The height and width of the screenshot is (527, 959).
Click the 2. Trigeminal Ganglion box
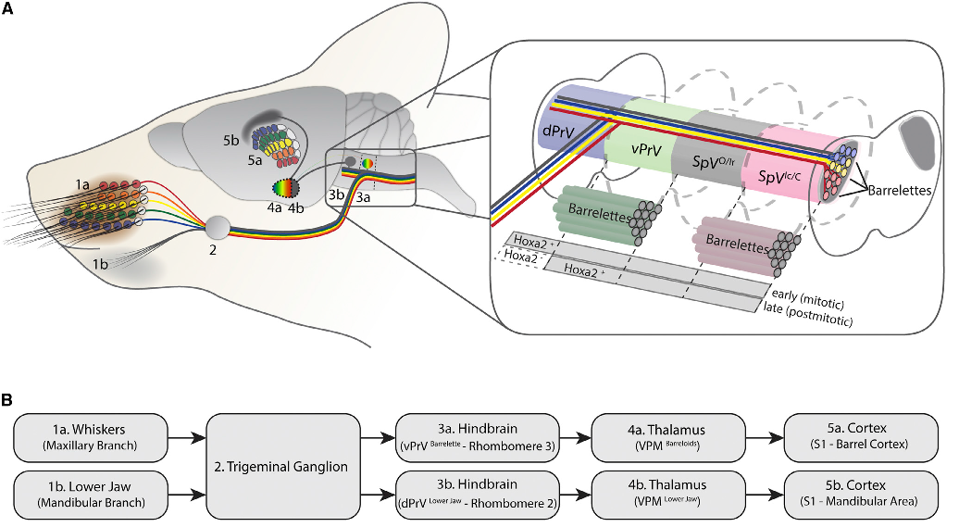coord(282,467)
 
